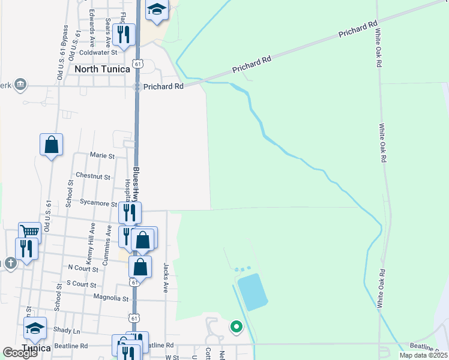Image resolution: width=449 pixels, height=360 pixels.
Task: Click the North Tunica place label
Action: coord(102,69)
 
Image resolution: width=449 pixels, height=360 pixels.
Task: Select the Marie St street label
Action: coord(102,155)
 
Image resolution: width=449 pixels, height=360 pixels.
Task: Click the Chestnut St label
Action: coord(93,177)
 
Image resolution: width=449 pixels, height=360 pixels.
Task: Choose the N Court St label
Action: coord(83,268)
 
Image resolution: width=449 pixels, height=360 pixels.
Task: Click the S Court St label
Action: coord(82,283)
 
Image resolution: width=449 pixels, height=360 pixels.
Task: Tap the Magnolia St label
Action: coord(111,298)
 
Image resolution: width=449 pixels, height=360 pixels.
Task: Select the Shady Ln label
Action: coord(67,331)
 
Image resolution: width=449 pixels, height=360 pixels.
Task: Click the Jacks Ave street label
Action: coord(166,277)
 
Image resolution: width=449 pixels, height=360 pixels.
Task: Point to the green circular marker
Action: coord(237,327)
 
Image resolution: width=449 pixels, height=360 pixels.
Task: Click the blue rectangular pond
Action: coord(252,292)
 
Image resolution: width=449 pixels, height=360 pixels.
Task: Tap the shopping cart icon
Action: coord(30,232)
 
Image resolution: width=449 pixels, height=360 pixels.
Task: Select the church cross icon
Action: coord(10,263)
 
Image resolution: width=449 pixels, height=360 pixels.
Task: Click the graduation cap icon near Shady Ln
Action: coord(35,328)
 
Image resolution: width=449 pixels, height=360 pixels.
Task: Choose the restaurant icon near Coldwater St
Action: coord(124,34)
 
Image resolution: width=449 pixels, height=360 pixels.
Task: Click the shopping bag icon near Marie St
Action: coord(52,145)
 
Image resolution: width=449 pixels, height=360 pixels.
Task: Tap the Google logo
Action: coord(20,353)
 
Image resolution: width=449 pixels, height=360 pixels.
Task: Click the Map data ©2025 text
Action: coord(422,355)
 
